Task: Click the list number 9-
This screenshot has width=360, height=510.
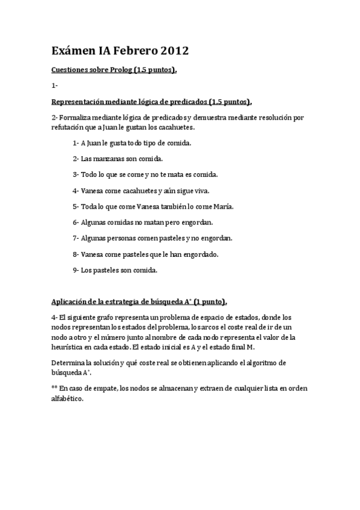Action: (x=76, y=270)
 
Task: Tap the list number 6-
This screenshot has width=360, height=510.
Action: (x=76, y=223)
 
